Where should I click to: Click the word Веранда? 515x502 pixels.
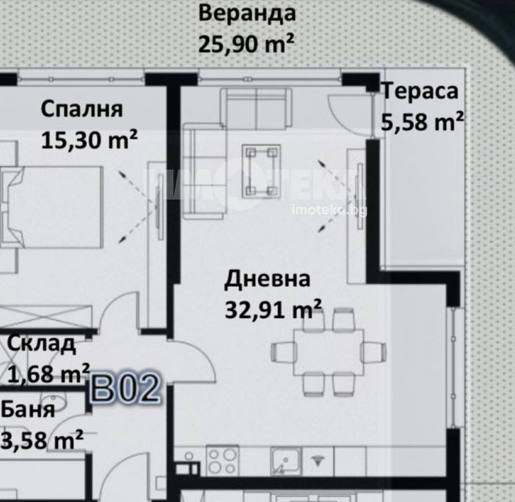coord(247,14)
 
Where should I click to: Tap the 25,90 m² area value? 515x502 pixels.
coord(246,43)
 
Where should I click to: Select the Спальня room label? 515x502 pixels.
coord(82,109)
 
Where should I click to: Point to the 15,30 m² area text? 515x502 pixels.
coord(89,140)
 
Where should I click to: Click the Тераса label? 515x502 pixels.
coord(420,91)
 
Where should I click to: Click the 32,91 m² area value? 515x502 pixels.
coord(273,309)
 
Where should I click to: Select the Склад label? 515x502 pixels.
coord(41,344)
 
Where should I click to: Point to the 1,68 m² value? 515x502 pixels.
coord(48,373)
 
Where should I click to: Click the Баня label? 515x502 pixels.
coord(27,410)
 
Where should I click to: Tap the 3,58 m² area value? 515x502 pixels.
coord(42,440)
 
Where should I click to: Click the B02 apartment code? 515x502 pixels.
coord(125,388)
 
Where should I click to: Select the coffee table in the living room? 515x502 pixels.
coord(261,171)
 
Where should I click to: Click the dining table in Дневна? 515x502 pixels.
coord(328,352)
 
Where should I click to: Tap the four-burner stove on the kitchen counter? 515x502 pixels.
coord(222,460)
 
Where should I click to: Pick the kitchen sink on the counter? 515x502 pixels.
coord(285,461)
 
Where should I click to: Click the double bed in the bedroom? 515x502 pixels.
coord(53,208)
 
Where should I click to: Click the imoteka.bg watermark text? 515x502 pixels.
coord(329,210)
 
